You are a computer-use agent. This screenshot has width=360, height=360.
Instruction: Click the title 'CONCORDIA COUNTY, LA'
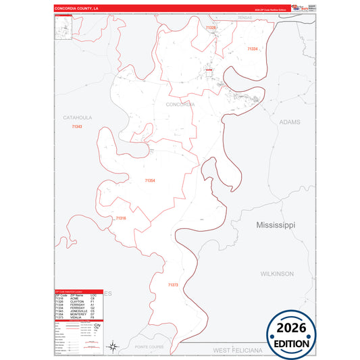(77, 9)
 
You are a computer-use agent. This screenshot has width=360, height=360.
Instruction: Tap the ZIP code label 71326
(211, 28)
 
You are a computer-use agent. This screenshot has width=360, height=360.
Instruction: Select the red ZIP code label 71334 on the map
(253, 49)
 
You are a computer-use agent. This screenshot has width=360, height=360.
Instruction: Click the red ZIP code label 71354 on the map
(149, 180)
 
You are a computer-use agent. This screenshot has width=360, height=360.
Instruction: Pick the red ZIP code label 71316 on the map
(120, 218)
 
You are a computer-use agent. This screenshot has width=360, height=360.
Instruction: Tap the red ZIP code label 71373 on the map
(173, 286)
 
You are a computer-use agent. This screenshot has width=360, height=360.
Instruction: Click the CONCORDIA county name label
(180, 105)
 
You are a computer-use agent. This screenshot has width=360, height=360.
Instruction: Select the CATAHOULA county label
(78, 118)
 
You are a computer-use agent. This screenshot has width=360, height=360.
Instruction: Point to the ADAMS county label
(289, 122)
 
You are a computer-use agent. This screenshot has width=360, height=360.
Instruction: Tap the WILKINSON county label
(277, 274)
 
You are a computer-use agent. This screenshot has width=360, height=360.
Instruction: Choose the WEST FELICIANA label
(237, 351)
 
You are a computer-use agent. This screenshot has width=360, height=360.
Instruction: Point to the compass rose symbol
(114, 347)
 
